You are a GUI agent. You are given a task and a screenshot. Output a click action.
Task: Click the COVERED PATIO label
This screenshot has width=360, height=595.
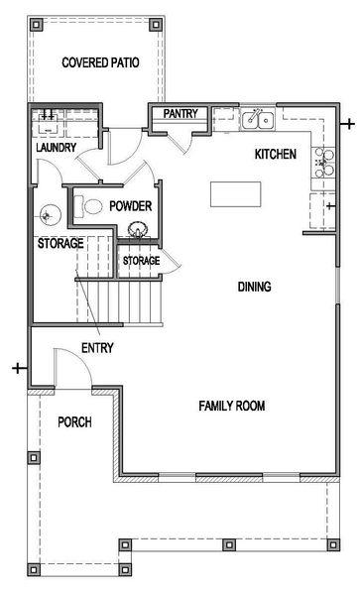(99, 62)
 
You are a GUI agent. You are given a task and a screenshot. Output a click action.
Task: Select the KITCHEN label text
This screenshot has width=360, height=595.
(276, 155)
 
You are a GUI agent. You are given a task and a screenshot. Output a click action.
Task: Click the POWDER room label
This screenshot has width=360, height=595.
(130, 206)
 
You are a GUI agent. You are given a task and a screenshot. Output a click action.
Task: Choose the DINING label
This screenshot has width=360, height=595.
(255, 288)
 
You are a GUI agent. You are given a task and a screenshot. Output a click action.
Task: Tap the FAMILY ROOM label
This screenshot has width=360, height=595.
(231, 406)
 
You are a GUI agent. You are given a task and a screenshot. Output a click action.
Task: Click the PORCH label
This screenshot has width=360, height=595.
(73, 422)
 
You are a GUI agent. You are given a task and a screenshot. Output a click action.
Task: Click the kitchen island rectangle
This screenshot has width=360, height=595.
(236, 192)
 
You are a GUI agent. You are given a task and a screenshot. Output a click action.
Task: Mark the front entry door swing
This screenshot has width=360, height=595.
(71, 367)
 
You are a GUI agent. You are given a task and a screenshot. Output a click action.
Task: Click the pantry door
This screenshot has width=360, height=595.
(180, 142)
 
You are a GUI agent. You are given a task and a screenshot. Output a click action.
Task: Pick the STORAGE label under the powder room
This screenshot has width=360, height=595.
(141, 261)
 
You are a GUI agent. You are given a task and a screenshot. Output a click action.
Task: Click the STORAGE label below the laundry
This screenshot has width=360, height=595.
(60, 244)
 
